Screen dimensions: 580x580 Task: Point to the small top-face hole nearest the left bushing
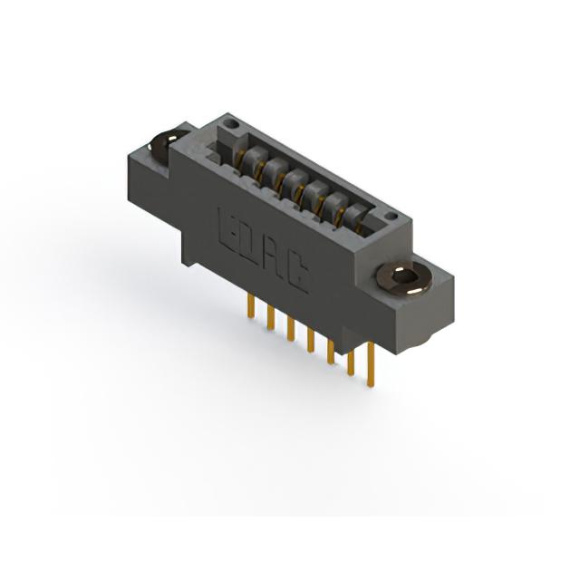point(233,122)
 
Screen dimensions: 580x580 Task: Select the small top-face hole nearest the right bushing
point(390,216)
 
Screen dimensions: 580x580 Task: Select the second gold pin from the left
point(271,318)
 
